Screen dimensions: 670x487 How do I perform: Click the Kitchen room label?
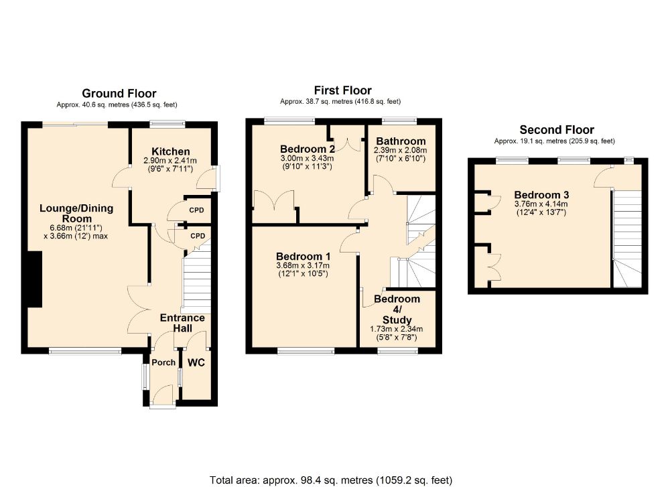[170, 151]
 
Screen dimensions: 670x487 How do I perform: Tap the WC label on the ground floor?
[196, 362]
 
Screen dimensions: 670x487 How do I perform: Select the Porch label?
[163, 362]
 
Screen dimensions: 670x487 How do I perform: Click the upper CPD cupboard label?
[197, 210]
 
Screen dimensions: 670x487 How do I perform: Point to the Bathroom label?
[401, 141]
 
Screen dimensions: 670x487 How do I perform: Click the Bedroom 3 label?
[541, 195]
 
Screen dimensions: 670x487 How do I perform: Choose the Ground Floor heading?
[119, 94]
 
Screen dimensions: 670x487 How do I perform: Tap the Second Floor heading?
[557, 130]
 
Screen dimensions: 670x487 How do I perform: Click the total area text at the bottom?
[331, 480]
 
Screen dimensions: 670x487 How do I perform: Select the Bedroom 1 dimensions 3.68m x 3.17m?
[303, 266]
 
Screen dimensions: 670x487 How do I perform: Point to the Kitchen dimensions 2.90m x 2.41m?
[170, 161]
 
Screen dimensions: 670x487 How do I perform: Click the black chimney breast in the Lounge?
[35, 279]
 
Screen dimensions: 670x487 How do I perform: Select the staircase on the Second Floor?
[628, 238]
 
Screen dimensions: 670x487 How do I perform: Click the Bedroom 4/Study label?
[397, 309]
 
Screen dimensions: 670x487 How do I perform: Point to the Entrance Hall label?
[182, 323]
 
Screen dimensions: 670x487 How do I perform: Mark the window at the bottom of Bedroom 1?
[306, 351]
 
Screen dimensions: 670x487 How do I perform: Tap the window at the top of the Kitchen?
[167, 125]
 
